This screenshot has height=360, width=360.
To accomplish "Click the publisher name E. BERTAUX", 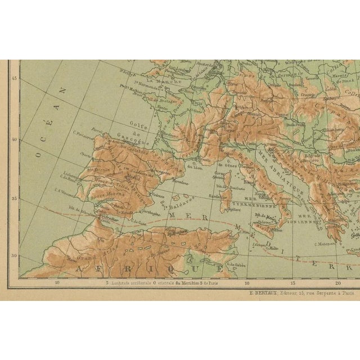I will coord(268,293).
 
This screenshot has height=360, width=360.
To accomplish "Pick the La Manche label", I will coord(151,81).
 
